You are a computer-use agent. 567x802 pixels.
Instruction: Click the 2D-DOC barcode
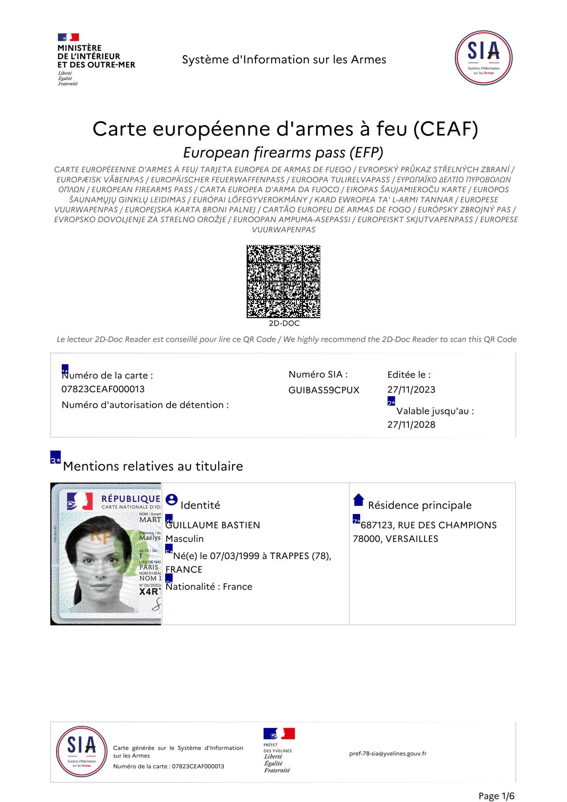point(283,281)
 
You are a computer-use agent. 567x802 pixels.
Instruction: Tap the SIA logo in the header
point(483,58)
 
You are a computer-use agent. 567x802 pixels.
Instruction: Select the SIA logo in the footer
point(81,751)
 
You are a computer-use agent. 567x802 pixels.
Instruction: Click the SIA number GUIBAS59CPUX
point(324,390)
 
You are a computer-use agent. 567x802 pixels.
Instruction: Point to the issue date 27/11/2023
point(411,389)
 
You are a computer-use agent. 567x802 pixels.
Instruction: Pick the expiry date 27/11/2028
point(411,424)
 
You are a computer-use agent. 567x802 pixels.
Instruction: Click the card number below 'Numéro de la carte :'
point(103,389)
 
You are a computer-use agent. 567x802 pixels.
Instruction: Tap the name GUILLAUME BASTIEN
point(213,525)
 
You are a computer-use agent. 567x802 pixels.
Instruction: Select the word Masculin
point(184,539)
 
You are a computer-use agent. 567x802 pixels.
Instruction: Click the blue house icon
point(358,500)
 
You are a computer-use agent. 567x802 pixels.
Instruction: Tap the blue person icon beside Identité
point(172,500)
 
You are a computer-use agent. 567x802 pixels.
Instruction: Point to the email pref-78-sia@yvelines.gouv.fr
point(388,753)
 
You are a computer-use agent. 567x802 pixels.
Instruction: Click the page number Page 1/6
point(496,796)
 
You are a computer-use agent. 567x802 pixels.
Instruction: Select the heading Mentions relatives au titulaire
point(153,466)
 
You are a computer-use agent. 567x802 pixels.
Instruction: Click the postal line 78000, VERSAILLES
point(395,539)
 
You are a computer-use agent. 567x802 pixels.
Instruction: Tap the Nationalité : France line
point(209,587)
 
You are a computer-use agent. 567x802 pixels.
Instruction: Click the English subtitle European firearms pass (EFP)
point(283,152)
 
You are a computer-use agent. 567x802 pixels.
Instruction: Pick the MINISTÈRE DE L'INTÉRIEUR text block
point(96,56)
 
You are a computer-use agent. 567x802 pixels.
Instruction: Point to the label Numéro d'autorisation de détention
point(145,405)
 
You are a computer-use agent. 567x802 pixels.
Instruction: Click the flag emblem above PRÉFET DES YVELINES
point(279,733)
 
